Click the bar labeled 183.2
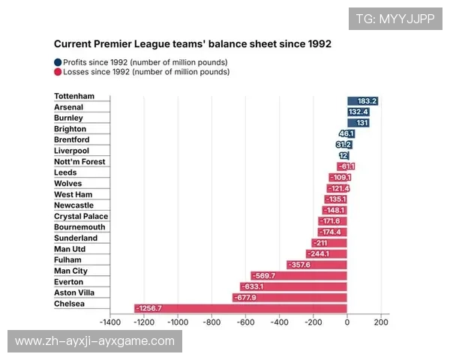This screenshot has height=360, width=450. click(362, 101)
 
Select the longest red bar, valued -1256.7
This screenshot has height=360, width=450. click(240, 308)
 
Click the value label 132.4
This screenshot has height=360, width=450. click(358, 112)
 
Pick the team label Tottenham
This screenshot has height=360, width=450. click(74, 96)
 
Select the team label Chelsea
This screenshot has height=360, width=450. click(70, 304)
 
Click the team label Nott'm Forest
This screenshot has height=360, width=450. click(79, 161)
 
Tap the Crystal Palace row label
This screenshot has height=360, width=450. click(81, 216)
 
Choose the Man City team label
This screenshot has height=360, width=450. click(70, 271)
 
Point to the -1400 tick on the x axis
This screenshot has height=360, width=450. click(110, 322)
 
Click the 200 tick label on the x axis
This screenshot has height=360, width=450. click(380, 322)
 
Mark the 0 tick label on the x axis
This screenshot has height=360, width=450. click(347, 322)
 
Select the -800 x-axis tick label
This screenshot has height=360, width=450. click(211, 322)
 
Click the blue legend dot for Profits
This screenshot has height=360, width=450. click(58, 62)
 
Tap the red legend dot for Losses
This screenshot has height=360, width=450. click(58, 72)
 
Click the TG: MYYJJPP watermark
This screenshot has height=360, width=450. click(394, 19)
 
